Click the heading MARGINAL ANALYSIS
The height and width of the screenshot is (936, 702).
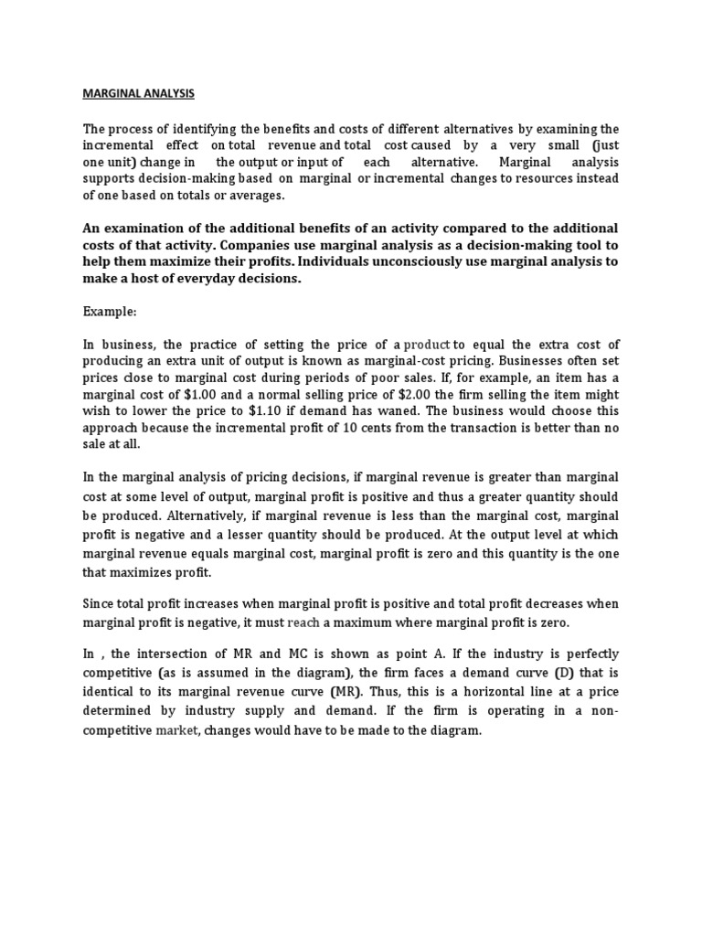139,93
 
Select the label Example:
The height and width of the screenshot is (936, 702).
110,312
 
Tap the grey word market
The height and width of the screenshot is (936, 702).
176,730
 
